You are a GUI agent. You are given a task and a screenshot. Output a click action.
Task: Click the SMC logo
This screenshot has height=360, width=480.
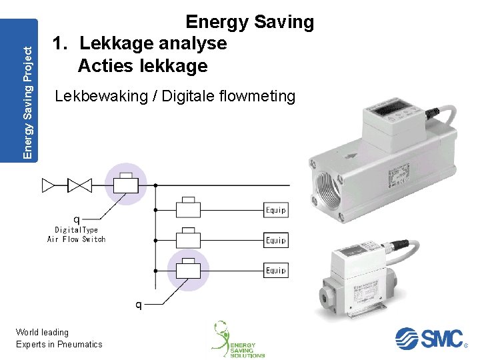[x=429, y=338]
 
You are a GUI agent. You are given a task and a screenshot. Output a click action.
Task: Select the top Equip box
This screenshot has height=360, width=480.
[x=276, y=210]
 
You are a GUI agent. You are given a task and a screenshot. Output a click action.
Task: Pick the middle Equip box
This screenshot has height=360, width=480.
[x=276, y=240]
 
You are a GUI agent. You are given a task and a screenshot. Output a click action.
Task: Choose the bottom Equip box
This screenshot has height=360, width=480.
[x=276, y=270]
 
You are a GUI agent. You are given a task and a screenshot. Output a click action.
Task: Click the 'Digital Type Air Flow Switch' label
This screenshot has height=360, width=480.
[x=76, y=234]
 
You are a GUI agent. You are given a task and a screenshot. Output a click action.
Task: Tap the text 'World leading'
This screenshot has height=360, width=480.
[x=43, y=332]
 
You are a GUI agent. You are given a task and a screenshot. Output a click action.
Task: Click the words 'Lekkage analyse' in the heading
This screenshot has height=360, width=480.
[x=153, y=44]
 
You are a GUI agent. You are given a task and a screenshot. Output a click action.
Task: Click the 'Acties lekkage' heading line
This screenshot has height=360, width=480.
[x=143, y=66]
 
